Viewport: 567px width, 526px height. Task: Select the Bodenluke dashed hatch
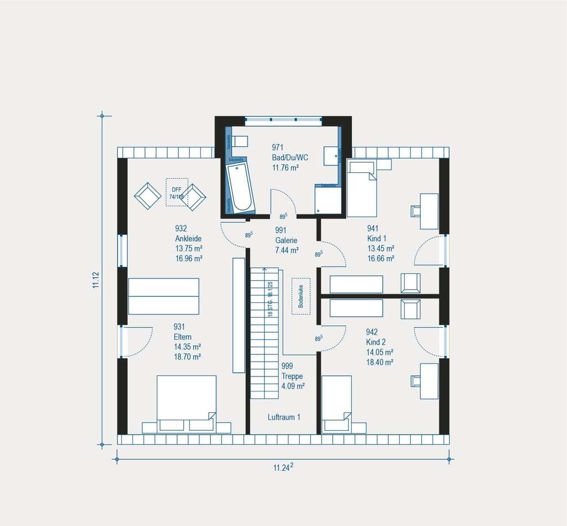(301, 296)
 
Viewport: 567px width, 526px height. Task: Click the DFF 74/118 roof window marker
(177, 192)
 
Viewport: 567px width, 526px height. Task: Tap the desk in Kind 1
(429, 211)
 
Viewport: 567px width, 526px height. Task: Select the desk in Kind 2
(429, 380)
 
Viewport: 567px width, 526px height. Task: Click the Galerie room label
(286, 240)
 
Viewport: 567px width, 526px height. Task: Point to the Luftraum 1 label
(284, 417)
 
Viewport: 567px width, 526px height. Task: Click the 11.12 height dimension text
(96, 280)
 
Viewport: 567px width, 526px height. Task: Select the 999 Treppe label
(292, 376)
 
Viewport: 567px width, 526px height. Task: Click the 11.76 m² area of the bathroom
(286, 167)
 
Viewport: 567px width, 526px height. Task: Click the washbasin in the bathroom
(332, 156)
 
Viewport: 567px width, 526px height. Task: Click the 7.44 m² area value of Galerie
(287, 250)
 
